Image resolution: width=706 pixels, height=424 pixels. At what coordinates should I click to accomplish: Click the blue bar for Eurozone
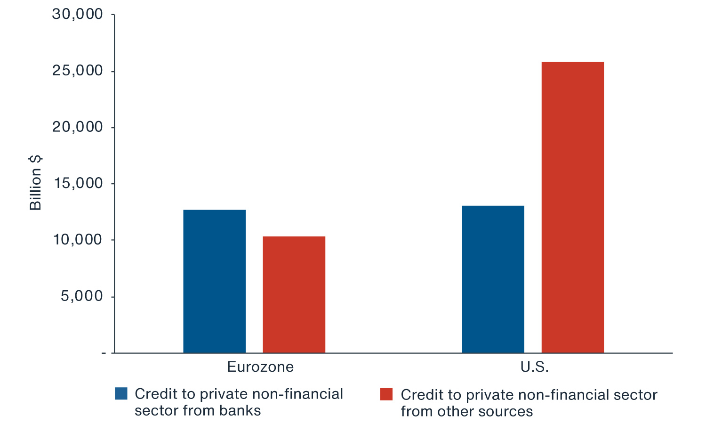pyautogui.click(x=214, y=281)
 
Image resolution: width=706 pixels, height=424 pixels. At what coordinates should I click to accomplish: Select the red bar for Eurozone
pyautogui.click(x=294, y=294)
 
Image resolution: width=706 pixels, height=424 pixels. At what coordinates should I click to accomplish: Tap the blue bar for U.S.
pyautogui.click(x=493, y=279)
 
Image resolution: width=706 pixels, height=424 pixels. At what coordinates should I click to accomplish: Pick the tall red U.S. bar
pyautogui.click(x=573, y=207)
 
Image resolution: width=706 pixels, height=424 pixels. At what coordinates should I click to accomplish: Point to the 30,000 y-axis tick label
pyautogui.click(x=78, y=14)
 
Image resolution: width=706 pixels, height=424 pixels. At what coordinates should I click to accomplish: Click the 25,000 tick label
pyautogui.click(x=78, y=71)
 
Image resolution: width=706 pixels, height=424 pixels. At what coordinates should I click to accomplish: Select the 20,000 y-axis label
pyautogui.click(x=78, y=127)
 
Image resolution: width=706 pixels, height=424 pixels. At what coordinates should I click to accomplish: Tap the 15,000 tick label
pyautogui.click(x=78, y=183)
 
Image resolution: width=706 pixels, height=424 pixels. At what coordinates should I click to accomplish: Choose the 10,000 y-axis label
pyautogui.click(x=78, y=240)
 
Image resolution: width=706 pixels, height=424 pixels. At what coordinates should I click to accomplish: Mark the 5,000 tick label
pyautogui.click(x=81, y=296)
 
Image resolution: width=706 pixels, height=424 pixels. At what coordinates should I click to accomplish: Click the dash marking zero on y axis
pyautogui.click(x=104, y=353)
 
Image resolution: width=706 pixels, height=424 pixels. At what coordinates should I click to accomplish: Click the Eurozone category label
pyautogui.click(x=260, y=367)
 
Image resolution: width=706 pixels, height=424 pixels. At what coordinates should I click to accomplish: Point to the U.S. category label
pyautogui.click(x=535, y=367)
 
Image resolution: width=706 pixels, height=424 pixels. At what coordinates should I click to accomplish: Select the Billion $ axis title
pyautogui.click(x=35, y=183)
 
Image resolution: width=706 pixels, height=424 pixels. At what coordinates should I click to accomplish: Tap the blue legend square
pyautogui.click(x=121, y=394)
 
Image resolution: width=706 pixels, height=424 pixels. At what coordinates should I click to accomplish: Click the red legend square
pyautogui.click(x=386, y=394)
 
